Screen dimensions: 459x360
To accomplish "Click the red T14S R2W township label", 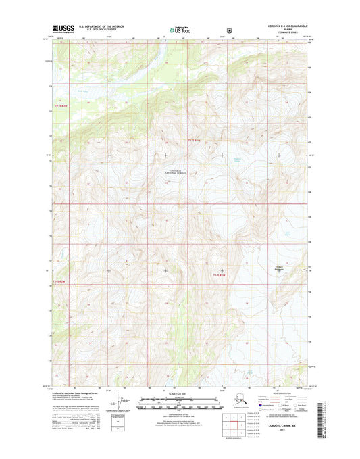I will (x=61, y=281).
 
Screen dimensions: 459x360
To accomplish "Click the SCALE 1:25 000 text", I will (x=180, y=393).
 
